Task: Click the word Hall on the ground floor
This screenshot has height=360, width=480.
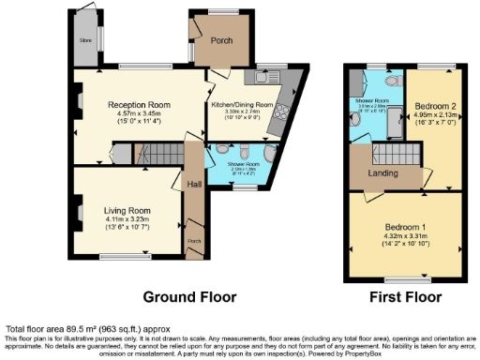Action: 193,184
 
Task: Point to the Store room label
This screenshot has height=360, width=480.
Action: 85,40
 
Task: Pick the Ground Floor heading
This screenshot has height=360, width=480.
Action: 188,297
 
